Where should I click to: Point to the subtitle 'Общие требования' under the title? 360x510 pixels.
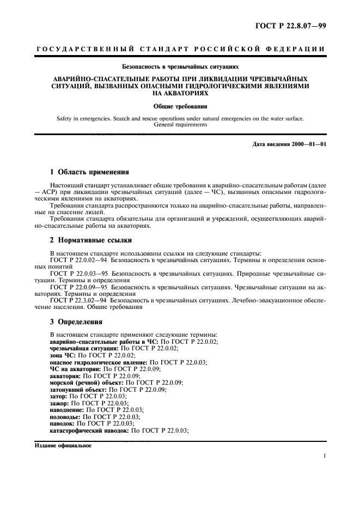(180, 107)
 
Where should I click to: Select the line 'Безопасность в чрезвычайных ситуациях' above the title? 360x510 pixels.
(180, 66)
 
